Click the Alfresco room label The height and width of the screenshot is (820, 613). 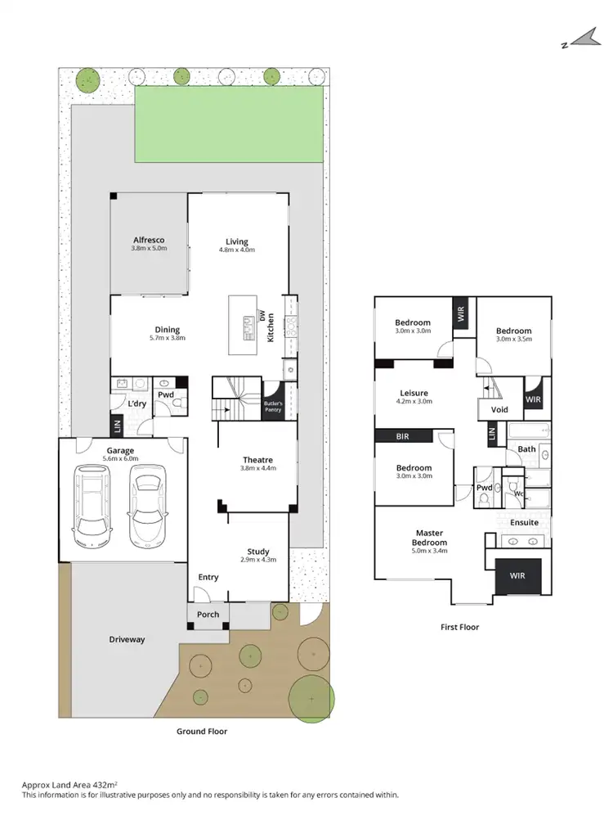click(150, 240)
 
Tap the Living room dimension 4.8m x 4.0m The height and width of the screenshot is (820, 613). click(237, 250)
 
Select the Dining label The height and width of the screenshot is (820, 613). click(168, 330)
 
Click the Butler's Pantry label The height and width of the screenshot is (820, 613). click(272, 407)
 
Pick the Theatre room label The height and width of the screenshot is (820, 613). click(257, 460)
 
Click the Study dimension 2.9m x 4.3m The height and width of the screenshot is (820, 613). click(257, 560)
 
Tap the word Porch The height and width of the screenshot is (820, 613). click(208, 615)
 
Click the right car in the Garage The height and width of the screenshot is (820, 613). click(148, 507)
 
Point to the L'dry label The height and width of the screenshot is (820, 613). click(135, 405)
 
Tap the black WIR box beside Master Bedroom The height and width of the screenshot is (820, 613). click(517, 576)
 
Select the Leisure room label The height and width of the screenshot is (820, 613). click(413, 393)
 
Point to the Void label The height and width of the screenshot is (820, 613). click(499, 409)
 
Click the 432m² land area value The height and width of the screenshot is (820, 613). click(104, 783)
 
